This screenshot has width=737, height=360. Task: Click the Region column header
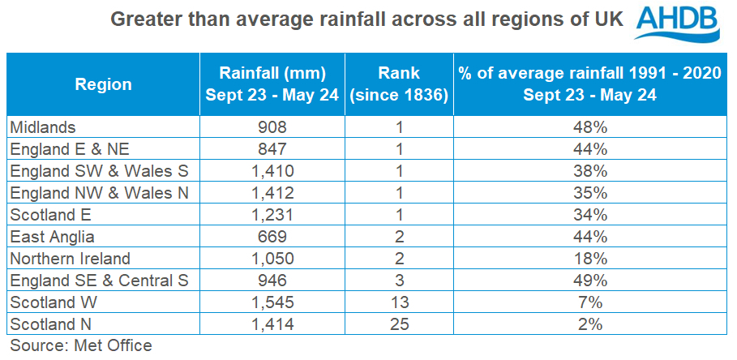[103, 84]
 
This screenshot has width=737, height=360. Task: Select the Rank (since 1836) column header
[399, 84]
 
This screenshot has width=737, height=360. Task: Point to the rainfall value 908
[271, 126]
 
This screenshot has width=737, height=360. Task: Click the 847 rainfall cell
[271, 148]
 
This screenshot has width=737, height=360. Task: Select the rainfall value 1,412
[271, 193]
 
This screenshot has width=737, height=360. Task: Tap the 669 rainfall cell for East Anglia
[271, 237]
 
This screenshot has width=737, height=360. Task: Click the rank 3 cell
[399, 281]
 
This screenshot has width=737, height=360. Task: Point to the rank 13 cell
[399, 303]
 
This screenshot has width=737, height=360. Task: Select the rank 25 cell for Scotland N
[399, 325]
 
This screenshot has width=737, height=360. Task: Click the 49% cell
[589, 281]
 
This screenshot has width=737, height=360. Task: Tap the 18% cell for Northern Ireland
[589, 259]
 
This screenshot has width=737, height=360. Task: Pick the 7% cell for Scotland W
[589, 303]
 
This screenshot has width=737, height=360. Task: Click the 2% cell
[589, 325]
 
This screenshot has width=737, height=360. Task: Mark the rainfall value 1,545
[271, 303]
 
